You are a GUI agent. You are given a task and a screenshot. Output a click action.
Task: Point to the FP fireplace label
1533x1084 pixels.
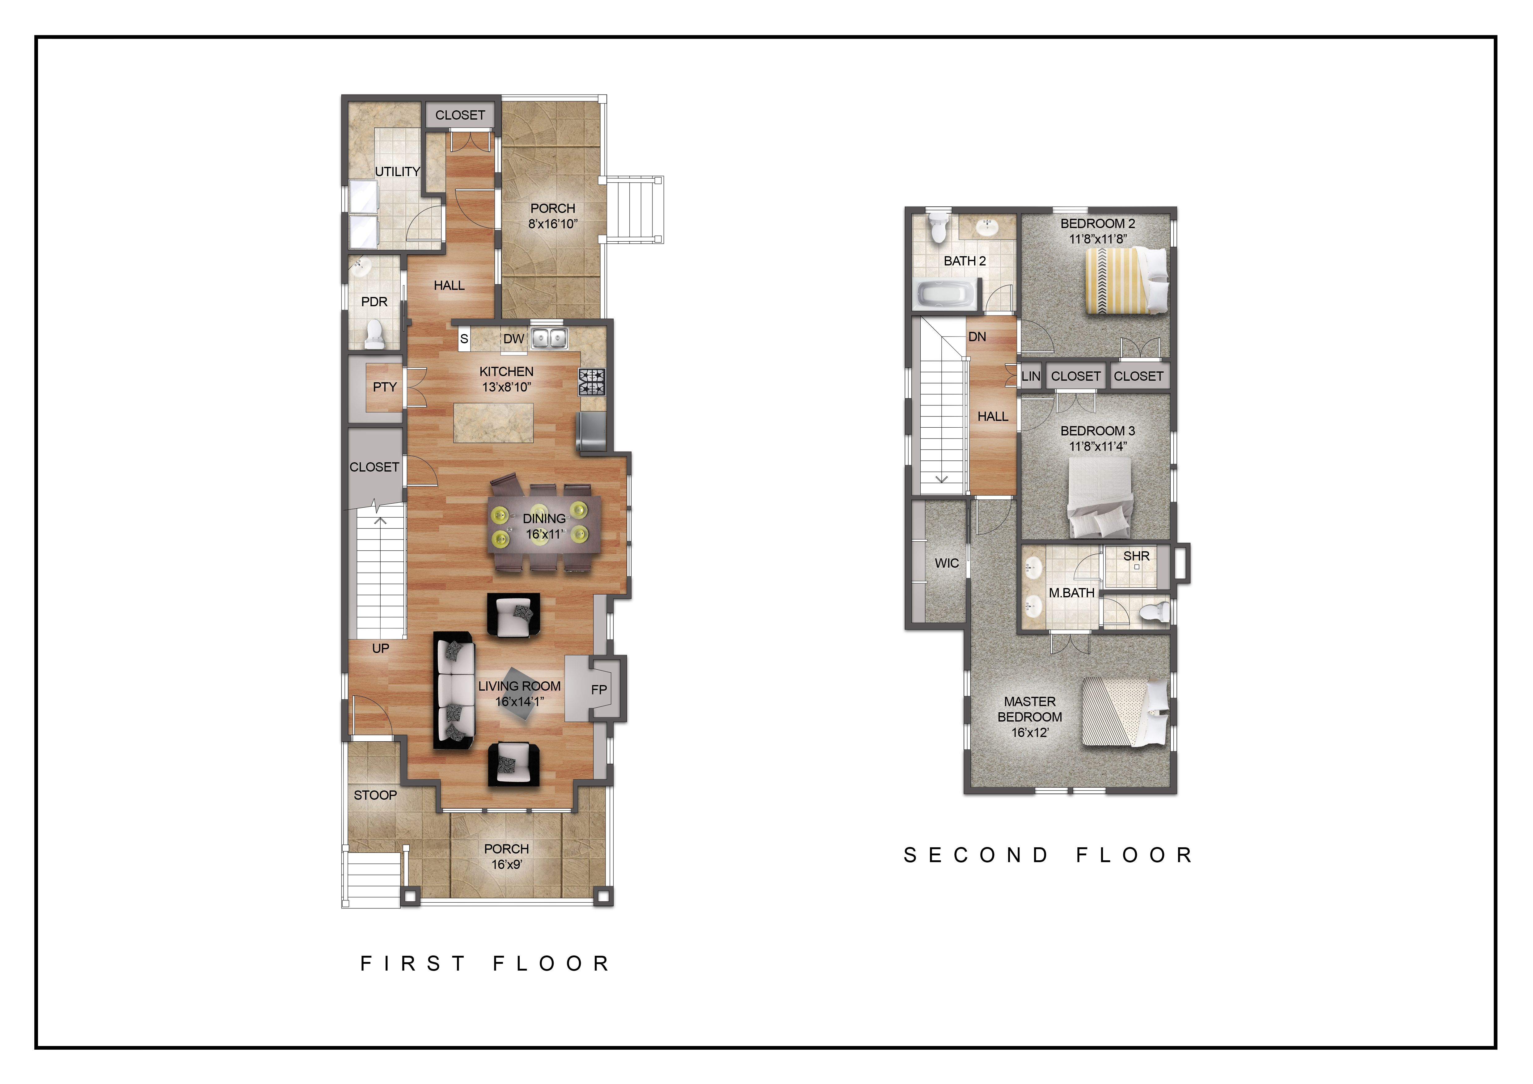[x=599, y=689]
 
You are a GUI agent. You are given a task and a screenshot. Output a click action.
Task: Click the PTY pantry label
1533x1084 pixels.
[x=385, y=387]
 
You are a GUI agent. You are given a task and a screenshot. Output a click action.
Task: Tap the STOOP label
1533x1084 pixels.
[x=375, y=795]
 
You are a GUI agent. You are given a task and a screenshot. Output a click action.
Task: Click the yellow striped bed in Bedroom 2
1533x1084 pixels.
[x=1127, y=280]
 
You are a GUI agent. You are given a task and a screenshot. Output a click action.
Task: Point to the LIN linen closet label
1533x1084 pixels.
[x=1030, y=376]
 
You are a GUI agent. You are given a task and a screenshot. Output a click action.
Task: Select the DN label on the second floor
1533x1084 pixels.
[x=977, y=337]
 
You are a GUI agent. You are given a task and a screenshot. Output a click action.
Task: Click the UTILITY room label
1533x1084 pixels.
[x=397, y=171]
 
